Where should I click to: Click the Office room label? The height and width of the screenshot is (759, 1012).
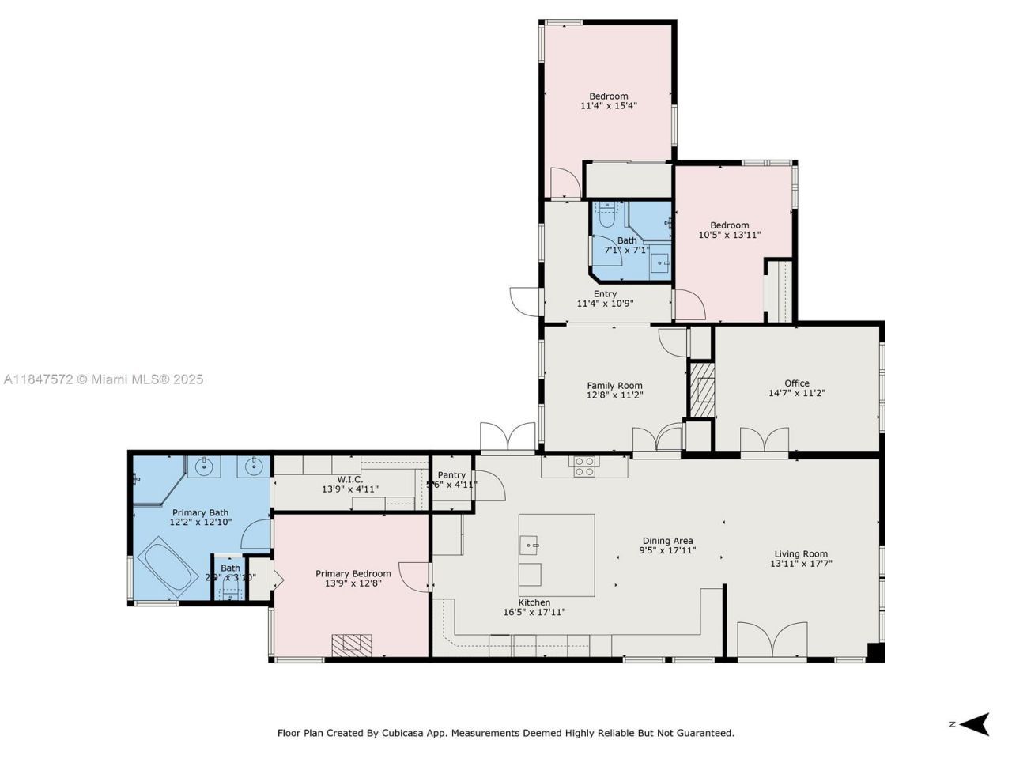(796, 383)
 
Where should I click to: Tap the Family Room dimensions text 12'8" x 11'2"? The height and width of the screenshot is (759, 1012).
(614, 395)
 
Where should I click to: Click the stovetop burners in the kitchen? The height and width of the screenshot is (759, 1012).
(584, 466)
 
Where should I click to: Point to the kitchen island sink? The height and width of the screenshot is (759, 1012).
(530, 545)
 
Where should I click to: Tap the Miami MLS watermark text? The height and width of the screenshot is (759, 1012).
(104, 379)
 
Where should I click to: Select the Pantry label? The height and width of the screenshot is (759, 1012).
(451, 475)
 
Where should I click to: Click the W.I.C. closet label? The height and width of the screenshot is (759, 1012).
(349, 480)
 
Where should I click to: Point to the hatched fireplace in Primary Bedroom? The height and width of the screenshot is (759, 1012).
(351, 645)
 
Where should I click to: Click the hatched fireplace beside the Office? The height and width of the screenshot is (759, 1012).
(701, 390)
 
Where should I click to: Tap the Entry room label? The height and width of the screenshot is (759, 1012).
(605, 294)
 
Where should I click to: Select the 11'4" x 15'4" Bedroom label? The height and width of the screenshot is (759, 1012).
(608, 96)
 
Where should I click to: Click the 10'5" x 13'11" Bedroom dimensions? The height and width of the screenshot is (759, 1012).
(728, 235)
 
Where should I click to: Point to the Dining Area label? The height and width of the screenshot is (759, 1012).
(667, 541)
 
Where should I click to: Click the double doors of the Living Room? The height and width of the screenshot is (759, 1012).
(772, 640)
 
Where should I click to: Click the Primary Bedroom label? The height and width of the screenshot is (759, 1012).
(353, 574)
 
